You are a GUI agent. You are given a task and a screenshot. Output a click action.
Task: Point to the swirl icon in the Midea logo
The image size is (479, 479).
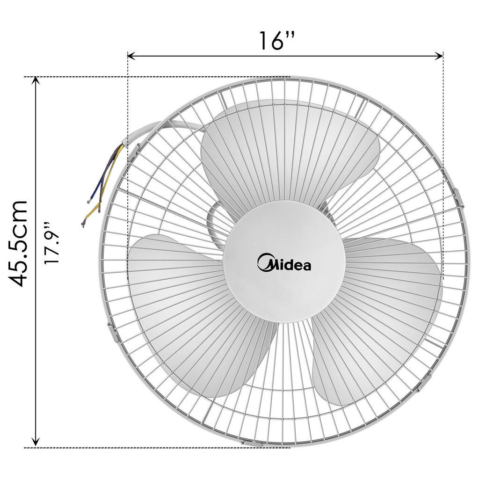(x=265, y=263)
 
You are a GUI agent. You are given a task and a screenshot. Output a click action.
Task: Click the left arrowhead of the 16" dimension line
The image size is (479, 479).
(x=131, y=56)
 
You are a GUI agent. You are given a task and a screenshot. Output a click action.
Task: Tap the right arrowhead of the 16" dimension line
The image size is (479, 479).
(x=440, y=56)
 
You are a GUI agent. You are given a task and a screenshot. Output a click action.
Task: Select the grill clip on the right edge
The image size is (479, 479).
(x=459, y=196)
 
